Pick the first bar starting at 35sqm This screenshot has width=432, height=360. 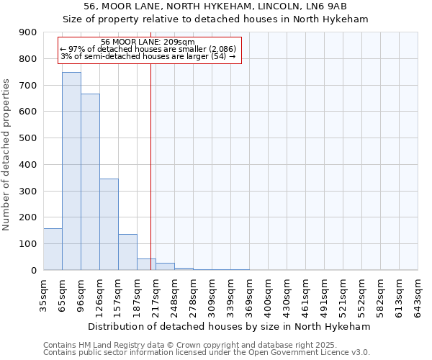tap(53, 249)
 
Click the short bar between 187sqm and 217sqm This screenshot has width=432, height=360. tap(146, 264)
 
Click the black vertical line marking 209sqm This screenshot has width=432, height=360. tap(150, 166)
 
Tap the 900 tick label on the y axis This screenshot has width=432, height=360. tap(28, 32)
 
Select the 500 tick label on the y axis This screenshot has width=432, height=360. tap(28, 138)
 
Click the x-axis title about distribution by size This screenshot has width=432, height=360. tap(230, 326)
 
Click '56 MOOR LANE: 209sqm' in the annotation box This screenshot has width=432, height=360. tap(148, 42)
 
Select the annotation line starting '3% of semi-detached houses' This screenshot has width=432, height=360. tap(148, 56)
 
